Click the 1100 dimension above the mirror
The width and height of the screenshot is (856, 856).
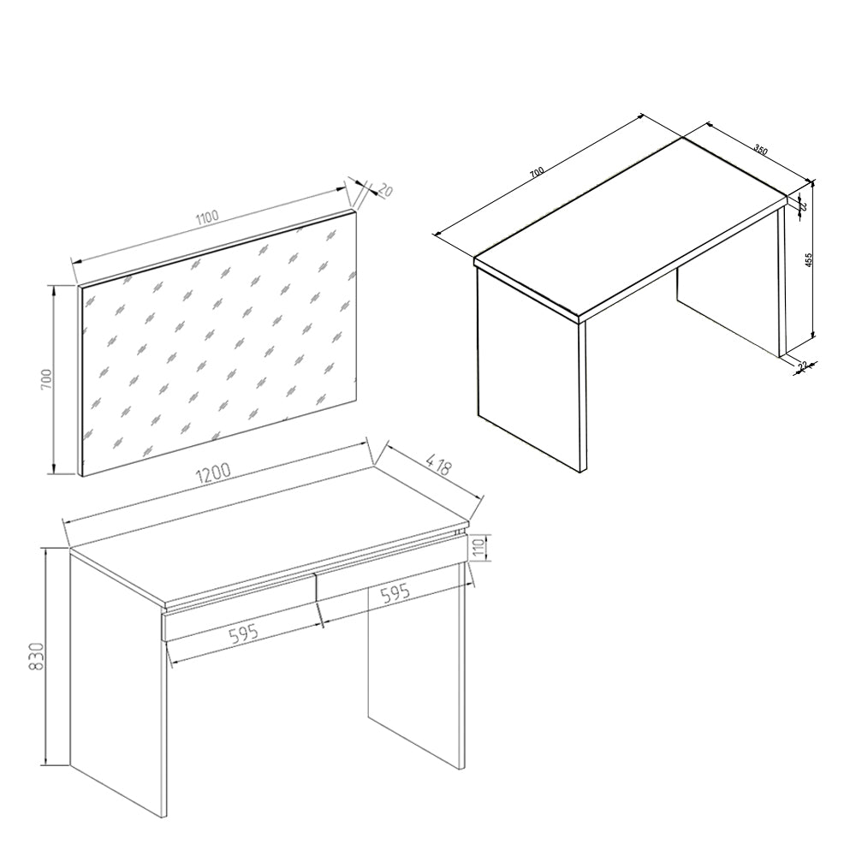207,216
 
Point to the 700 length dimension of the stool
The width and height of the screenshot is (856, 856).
536,173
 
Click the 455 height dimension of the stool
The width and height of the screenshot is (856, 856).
807,262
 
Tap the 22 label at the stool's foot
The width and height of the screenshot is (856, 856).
802,366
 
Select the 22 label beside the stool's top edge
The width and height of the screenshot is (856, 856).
803,205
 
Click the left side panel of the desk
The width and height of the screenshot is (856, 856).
116,685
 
